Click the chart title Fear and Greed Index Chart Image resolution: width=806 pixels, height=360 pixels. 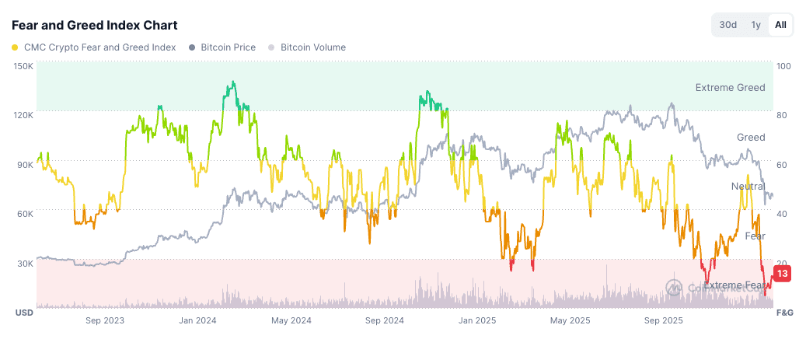point(94,26)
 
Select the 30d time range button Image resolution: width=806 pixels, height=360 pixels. point(727,25)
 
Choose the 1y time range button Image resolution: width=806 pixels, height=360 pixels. point(755,25)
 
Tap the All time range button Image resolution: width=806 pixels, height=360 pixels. point(780,25)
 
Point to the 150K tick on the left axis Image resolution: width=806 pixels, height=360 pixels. point(23,66)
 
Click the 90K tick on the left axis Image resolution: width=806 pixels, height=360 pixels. point(25,164)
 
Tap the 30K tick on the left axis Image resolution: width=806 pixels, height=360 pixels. point(25,263)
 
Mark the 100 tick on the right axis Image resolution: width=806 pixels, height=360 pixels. point(784,66)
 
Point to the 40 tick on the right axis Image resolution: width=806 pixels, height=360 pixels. point(783,213)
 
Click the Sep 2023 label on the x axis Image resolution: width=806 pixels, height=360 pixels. point(104,320)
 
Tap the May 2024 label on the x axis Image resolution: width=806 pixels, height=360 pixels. point(291,320)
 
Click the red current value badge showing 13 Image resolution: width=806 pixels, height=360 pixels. point(783,274)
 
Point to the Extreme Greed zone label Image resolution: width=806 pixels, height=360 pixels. point(730,87)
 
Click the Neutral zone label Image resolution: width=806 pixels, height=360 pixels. point(748,187)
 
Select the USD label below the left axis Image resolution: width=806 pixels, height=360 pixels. point(23,313)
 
